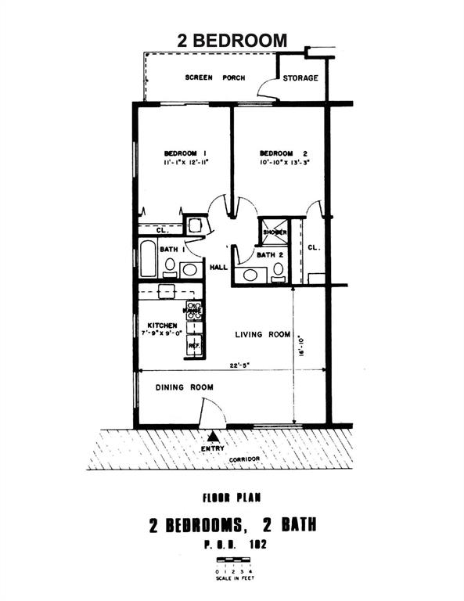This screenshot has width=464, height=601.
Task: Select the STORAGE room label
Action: pos(300,78)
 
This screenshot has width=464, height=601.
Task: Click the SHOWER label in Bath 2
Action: pos(275,232)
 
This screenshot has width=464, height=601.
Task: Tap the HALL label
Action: pos(218,268)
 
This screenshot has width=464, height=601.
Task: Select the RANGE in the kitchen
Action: pos(193,311)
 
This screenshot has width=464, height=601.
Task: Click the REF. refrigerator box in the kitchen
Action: pos(193,344)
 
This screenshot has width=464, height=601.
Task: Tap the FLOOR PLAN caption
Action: pos(232,497)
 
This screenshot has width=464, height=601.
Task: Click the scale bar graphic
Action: pos(232,560)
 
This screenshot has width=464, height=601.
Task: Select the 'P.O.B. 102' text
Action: pos(232,542)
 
